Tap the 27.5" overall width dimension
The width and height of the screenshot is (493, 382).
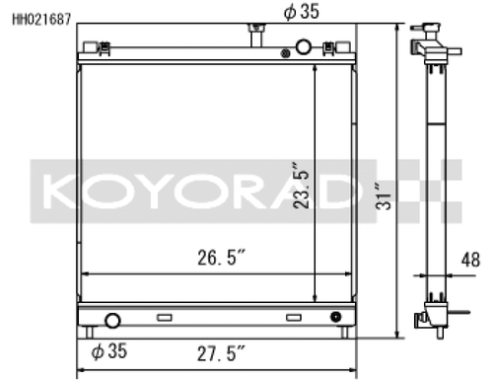(218, 350)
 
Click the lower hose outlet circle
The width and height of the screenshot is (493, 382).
(111, 320)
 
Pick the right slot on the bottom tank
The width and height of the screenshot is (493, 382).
(293, 318)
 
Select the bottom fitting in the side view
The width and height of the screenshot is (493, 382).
(427, 319)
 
